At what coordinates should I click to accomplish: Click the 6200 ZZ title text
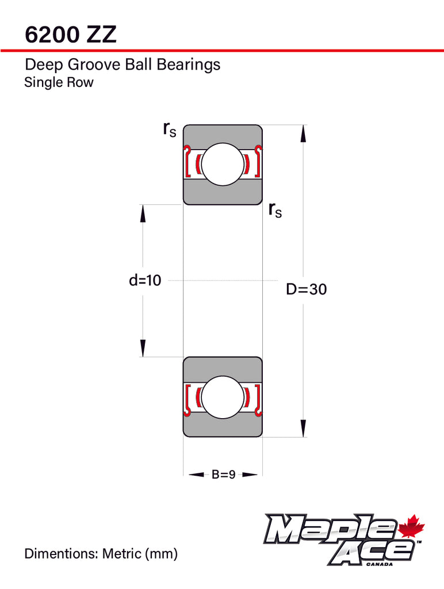pos(71,35)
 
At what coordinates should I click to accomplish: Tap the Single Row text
pos(59,82)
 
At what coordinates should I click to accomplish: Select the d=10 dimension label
pos(146,280)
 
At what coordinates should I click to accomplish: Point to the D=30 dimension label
pos(306,289)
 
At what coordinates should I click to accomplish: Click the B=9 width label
pos(223,475)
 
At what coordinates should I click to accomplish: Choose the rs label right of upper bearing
pos(275,211)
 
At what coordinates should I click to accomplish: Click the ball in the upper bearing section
pos(223,164)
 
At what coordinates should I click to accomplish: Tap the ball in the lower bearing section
pos(223,397)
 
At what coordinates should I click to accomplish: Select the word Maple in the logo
pos(330,530)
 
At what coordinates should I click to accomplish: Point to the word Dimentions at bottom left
pos(62,554)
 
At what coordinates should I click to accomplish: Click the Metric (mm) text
pos(140,554)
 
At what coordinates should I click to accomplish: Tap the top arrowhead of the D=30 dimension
pos(303,133)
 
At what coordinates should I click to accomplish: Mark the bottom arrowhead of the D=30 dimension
pos(303,429)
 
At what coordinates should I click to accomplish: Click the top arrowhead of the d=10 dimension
pos(143,213)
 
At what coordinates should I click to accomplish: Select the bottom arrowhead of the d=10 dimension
pos(143,348)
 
